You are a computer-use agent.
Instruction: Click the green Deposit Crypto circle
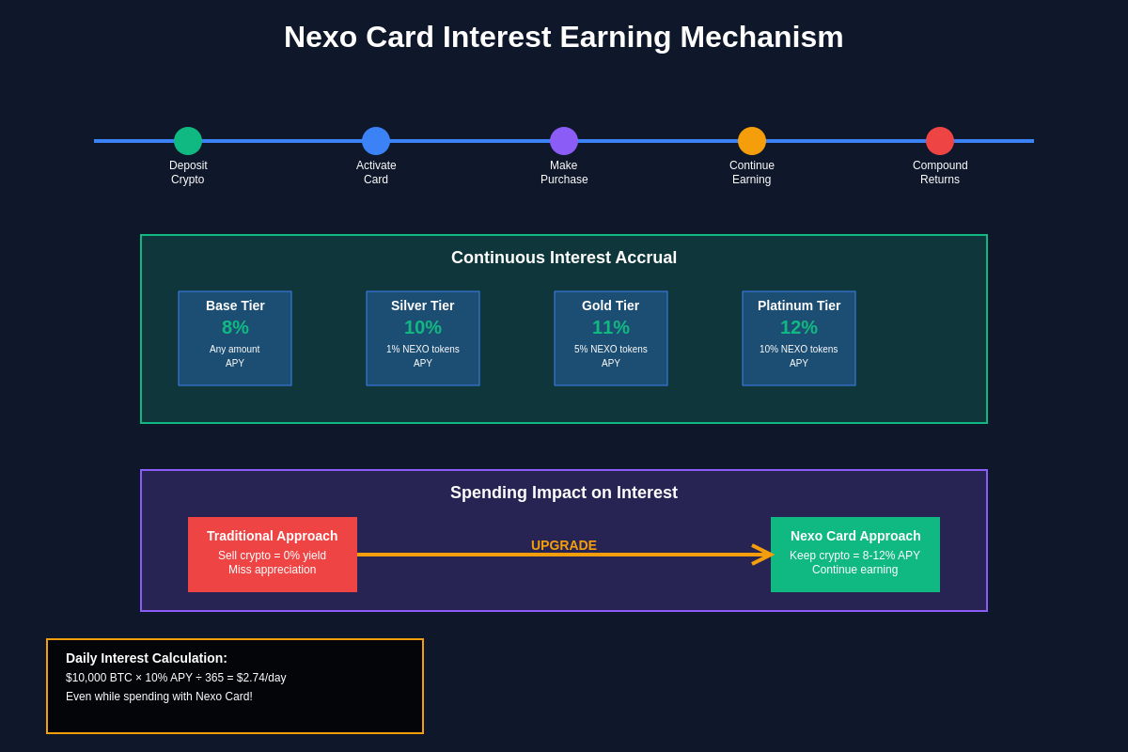(188, 141)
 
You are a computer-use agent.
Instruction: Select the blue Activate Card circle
(376, 141)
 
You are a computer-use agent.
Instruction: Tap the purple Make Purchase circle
(564, 141)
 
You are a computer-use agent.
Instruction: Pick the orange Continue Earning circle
(752, 141)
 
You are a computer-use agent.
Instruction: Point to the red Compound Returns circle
(940, 141)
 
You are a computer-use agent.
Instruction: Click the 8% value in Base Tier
(235, 327)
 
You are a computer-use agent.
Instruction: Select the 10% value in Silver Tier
(423, 327)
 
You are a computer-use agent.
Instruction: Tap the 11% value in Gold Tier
(611, 327)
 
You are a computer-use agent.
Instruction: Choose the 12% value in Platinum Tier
(799, 327)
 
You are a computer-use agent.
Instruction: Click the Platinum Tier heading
(799, 305)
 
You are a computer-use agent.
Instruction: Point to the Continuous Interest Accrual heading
(564, 258)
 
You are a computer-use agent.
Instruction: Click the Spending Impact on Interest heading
(564, 493)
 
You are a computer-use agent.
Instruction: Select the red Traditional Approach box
(273, 555)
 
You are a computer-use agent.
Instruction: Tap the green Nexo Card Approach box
(855, 555)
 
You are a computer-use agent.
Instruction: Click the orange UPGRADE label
(564, 545)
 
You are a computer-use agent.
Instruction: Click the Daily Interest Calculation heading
(147, 658)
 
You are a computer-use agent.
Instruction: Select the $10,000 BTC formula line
(176, 678)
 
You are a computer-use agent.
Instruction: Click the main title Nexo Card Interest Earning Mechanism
(564, 37)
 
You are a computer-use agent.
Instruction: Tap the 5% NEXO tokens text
(611, 350)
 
